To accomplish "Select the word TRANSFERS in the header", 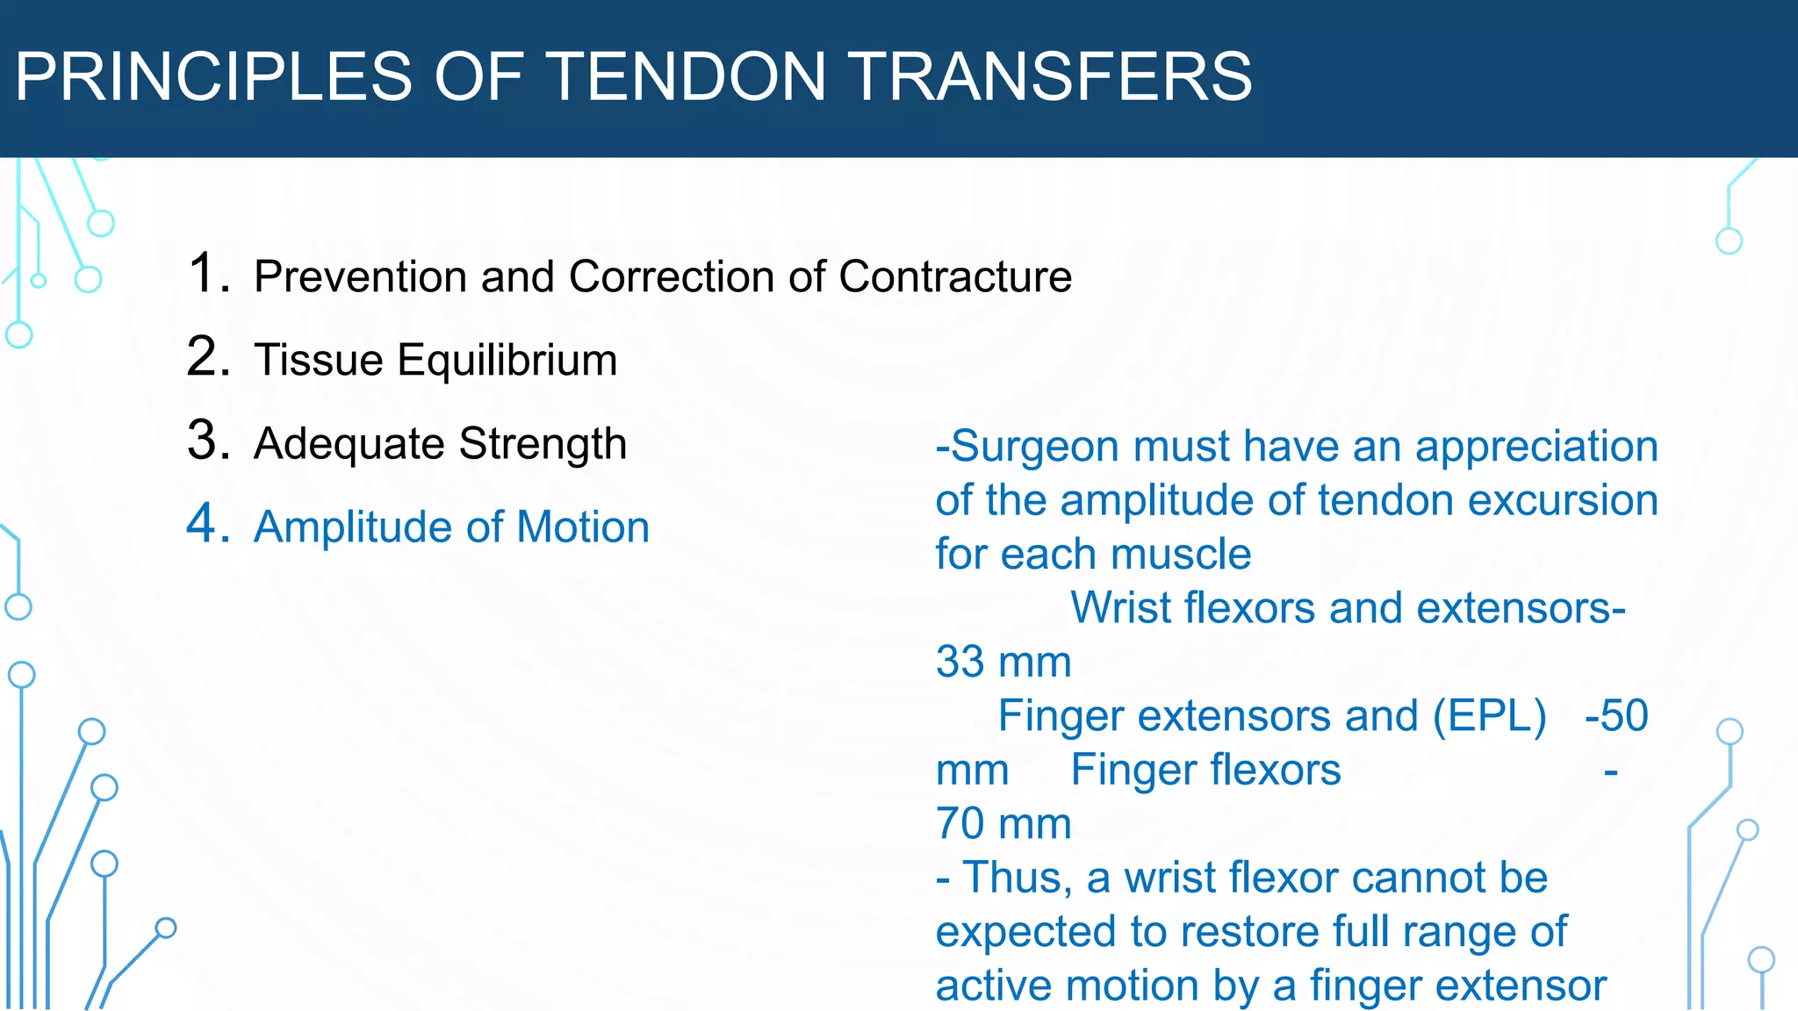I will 1052,76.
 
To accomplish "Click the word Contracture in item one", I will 955,276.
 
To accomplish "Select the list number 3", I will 208,441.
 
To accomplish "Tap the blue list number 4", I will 208,524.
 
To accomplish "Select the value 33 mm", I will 1003,662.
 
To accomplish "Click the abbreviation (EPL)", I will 1490,716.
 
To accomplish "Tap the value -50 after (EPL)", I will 1616,716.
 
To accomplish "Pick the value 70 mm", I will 1003,824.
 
